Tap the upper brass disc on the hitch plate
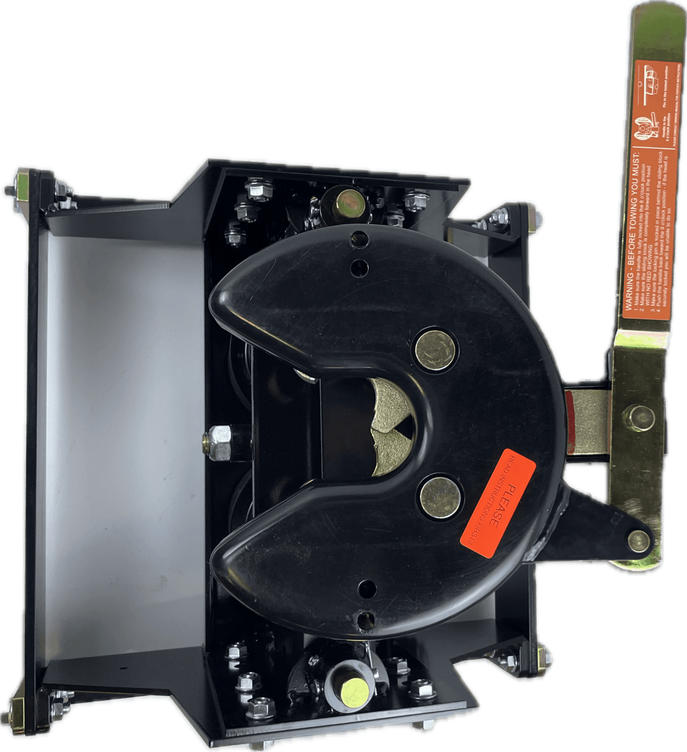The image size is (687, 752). click(436, 350)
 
